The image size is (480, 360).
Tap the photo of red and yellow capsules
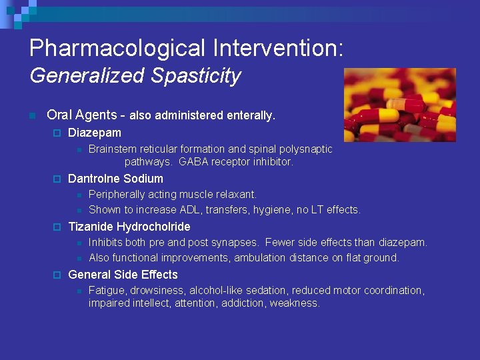point(399,105)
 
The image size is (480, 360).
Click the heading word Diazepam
point(95,133)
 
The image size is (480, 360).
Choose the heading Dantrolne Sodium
point(115,179)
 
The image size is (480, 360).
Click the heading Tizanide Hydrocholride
point(129,227)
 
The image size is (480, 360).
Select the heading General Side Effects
point(123,275)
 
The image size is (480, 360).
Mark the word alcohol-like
point(217,291)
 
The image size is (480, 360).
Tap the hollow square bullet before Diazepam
point(57,133)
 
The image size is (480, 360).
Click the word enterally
point(251,116)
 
